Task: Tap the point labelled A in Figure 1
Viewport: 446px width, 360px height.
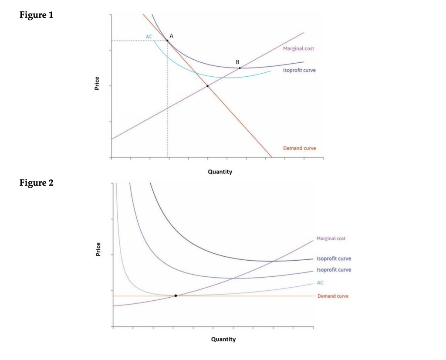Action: pyautogui.click(x=168, y=41)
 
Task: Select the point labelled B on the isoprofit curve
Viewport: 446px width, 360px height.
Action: pyautogui.click(x=240, y=68)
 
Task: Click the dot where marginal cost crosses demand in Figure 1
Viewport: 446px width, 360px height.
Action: pyautogui.click(x=207, y=86)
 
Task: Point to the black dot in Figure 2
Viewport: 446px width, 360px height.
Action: pyautogui.click(x=176, y=295)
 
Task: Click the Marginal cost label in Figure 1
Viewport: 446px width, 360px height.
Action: pyautogui.click(x=298, y=48)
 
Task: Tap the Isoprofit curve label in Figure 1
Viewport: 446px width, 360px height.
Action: pyautogui.click(x=300, y=70)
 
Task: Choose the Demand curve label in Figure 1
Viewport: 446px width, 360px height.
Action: pyautogui.click(x=300, y=148)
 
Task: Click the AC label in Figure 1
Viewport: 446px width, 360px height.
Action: pyautogui.click(x=149, y=37)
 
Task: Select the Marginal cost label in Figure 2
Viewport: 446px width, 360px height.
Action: pyautogui.click(x=331, y=238)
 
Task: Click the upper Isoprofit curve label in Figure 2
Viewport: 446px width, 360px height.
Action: pyautogui.click(x=334, y=258)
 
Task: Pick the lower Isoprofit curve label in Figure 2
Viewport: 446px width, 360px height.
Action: pyautogui.click(x=334, y=270)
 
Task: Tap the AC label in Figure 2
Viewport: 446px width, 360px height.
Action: pyautogui.click(x=320, y=283)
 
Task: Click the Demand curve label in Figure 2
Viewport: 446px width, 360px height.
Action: pyautogui.click(x=333, y=296)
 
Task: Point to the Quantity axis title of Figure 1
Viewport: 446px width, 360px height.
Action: pyautogui.click(x=220, y=172)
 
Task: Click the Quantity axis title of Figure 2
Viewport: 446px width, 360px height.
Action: pyautogui.click(x=223, y=339)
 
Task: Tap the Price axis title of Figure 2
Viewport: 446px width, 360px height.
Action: pyautogui.click(x=98, y=249)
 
